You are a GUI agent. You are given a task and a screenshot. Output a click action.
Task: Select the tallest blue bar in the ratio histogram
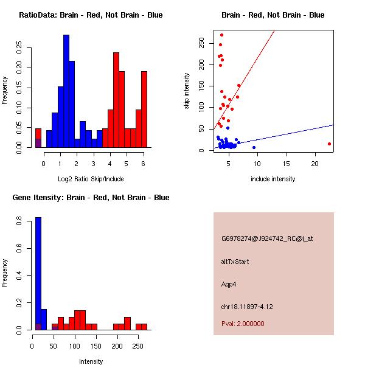pyautogui.click(x=66, y=91)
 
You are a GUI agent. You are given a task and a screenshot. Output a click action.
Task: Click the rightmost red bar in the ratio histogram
pyautogui.click(x=144, y=109)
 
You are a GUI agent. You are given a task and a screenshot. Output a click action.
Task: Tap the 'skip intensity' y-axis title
pyautogui.click(x=187, y=91)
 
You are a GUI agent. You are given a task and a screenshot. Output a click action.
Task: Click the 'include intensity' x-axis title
pyautogui.click(x=273, y=179)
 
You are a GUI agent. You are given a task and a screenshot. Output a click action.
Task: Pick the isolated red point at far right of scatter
pyautogui.click(x=329, y=144)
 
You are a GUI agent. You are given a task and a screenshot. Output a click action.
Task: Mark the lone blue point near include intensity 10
pyautogui.click(x=254, y=147)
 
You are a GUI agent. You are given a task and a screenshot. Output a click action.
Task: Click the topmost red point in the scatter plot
pyautogui.click(x=221, y=35)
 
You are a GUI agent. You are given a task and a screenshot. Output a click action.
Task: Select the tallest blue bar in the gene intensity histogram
pyautogui.click(x=38, y=273)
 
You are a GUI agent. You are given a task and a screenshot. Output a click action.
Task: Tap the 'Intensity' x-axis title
pyautogui.click(x=91, y=361)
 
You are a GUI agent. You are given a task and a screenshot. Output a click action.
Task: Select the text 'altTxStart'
pyautogui.click(x=235, y=262)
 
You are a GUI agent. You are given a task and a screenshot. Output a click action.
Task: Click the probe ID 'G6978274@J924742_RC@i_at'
pyautogui.click(x=267, y=239)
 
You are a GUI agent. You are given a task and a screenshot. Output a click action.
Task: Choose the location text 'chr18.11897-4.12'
pyautogui.click(x=246, y=307)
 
